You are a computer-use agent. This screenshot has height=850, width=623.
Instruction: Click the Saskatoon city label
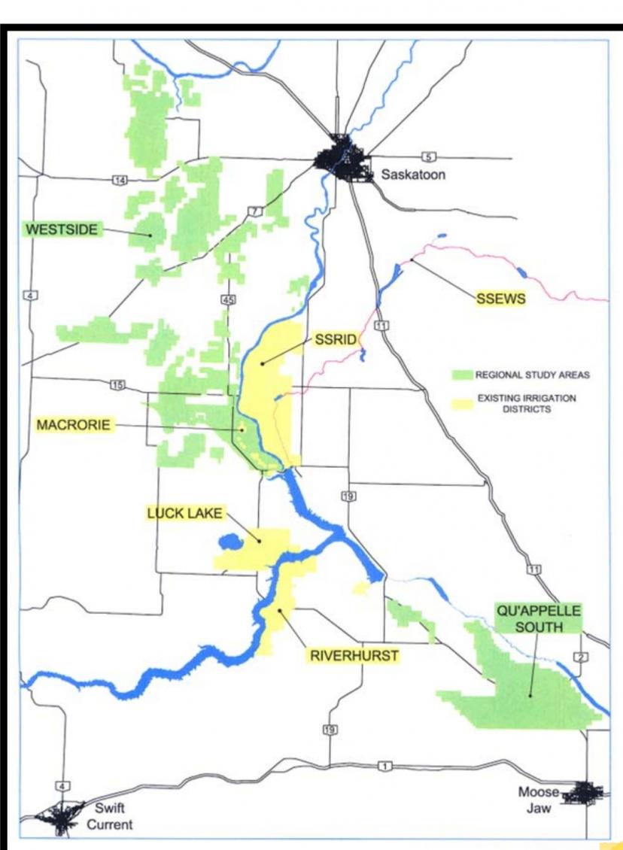pyautogui.click(x=413, y=175)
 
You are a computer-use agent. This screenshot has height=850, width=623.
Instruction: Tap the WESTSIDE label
pyautogui.click(x=62, y=229)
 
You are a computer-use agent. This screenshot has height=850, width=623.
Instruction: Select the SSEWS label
pyautogui.click(x=500, y=299)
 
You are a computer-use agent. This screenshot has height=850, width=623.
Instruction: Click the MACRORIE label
pyautogui.click(x=74, y=426)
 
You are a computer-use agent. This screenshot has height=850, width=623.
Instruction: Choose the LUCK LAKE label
pyautogui.click(x=184, y=514)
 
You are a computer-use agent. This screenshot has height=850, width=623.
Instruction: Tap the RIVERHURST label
pyautogui.click(x=354, y=656)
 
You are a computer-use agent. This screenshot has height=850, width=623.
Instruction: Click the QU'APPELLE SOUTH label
pyautogui.click(x=537, y=618)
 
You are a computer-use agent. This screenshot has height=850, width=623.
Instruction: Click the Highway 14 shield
pyautogui.click(x=120, y=180)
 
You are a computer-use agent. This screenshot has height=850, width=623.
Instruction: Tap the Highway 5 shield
pyautogui.click(x=429, y=156)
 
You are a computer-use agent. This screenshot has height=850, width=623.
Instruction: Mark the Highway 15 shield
pyautogui.click(x=117, y=385)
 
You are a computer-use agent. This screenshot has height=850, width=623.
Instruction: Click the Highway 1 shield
pyautogui.click(x=385, y=766)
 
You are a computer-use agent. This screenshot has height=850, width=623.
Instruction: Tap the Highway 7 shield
pyautogui.click(x=255, y=211)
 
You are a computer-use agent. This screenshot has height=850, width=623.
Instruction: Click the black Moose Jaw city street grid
pyautogui.click(x=583, y=792)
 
